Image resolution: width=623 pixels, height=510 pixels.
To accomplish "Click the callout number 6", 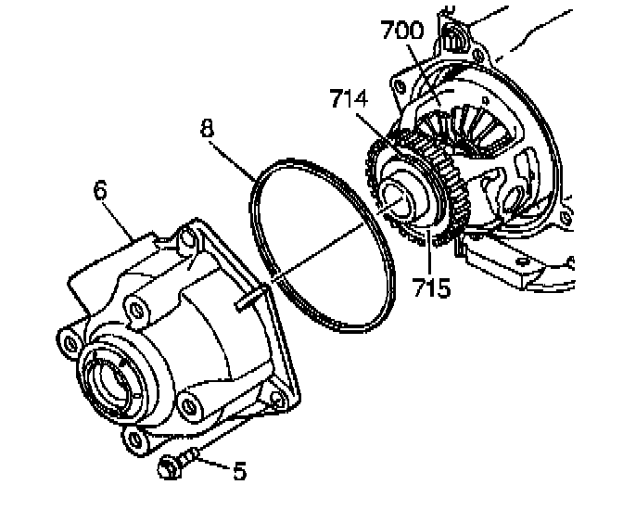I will click(x=100, y=191).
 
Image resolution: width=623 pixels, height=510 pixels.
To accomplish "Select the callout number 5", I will click(x=239, y=472).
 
